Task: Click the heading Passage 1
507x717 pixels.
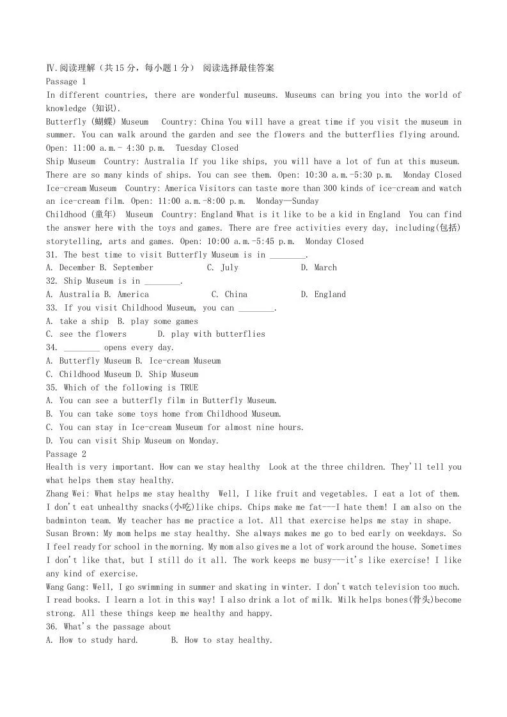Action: tap(66, 81)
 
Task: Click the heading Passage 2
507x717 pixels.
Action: tap(66, 454)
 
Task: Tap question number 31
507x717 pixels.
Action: tap(52, 254)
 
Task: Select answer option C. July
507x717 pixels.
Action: tap(222, 268)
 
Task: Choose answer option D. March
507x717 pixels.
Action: tap(318, 268)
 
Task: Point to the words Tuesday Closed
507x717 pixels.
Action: tap(207, 148)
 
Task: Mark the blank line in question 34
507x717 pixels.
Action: tap(82, 348)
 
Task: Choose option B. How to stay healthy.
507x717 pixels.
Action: tap(222, 640)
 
